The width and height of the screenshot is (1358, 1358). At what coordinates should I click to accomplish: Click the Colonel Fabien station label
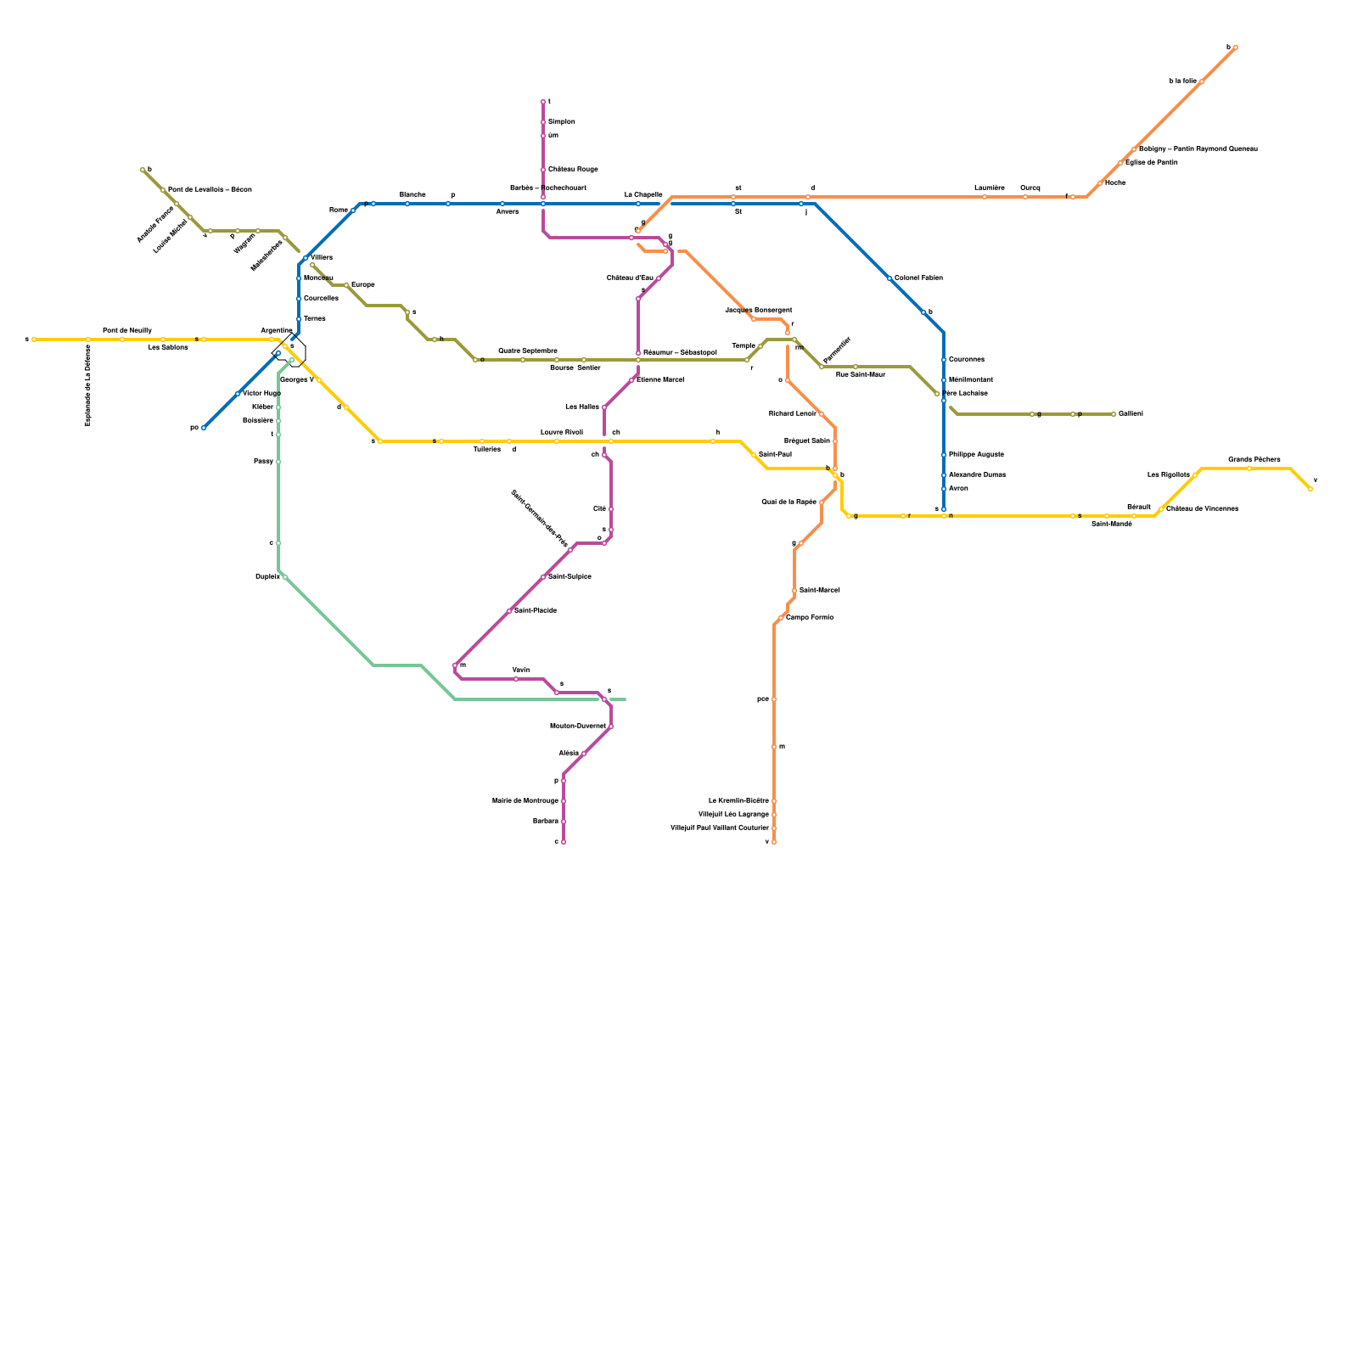coord(918,278)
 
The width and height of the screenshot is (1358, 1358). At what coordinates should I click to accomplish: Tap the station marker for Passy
coord(278,462)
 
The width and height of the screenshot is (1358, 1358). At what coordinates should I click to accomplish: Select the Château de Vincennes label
coord(1202,509)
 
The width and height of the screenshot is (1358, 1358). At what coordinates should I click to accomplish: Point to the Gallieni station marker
coord(1114,414)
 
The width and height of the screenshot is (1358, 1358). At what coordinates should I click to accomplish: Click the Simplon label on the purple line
coord(562,122)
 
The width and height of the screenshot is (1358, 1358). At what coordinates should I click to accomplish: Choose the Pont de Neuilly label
coord(127,330)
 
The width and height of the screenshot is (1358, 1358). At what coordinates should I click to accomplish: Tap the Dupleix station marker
coord(284,577)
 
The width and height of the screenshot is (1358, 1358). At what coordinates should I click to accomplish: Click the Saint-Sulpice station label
coord(570,577)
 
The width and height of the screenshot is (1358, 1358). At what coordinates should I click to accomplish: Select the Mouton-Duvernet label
coord(578,727)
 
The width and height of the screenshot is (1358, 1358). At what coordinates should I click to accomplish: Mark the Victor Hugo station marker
coord(238,394)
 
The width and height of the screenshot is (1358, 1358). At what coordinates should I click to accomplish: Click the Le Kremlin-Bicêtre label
coord(738,801)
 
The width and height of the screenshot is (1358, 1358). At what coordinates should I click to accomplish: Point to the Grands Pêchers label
coord(1254,459)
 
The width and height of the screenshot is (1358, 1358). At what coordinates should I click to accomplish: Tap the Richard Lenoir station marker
coord(821,414)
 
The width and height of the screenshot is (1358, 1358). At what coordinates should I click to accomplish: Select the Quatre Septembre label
coord(527,351)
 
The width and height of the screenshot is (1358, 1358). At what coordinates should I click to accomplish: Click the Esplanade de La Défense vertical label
coord(88,384)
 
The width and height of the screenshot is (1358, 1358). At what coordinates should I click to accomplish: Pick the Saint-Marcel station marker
coord(794,591)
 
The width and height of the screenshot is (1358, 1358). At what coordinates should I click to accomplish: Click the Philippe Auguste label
coord(976,455)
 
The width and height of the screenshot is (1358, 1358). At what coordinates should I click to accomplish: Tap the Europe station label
coord(362,285)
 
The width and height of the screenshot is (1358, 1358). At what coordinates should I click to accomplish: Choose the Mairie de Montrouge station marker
coord(564,801)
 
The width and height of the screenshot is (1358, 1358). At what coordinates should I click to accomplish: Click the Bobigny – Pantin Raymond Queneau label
coord(1198,149)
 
